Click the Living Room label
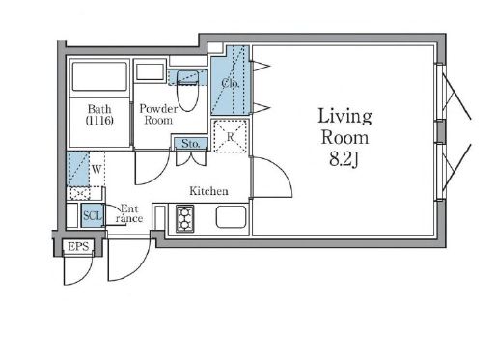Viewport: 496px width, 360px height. point(344,126)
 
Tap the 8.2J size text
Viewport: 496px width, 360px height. point(344,159)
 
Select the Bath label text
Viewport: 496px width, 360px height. point(99,109)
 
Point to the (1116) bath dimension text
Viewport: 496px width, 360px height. point(99,121)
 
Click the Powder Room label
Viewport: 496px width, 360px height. point(158,114)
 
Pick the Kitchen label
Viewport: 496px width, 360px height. point(208,191)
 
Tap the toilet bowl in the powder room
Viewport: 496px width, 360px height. point(187,91)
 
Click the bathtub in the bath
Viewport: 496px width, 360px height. point(99,76)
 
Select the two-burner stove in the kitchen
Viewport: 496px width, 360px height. point(185,219)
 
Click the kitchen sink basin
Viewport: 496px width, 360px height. point(231,217)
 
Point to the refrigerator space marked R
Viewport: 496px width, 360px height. point(231,136)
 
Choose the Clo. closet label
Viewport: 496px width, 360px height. point(231,84)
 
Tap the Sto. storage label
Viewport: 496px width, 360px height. point(191,144)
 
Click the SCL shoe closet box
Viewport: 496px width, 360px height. point(93,215)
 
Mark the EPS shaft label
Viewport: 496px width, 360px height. point(78,247)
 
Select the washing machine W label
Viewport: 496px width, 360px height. point(96,169)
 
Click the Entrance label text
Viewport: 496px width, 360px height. point(129,213)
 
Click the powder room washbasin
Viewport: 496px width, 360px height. point(150,72)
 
